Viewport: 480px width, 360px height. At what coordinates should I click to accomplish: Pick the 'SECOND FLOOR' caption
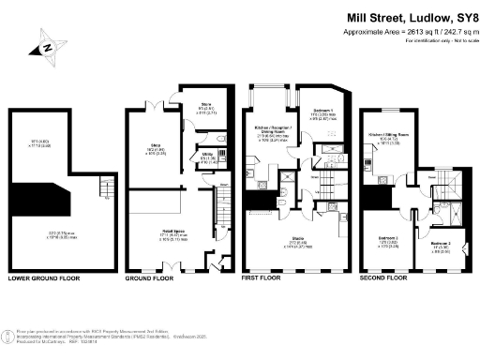[385, 278]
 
